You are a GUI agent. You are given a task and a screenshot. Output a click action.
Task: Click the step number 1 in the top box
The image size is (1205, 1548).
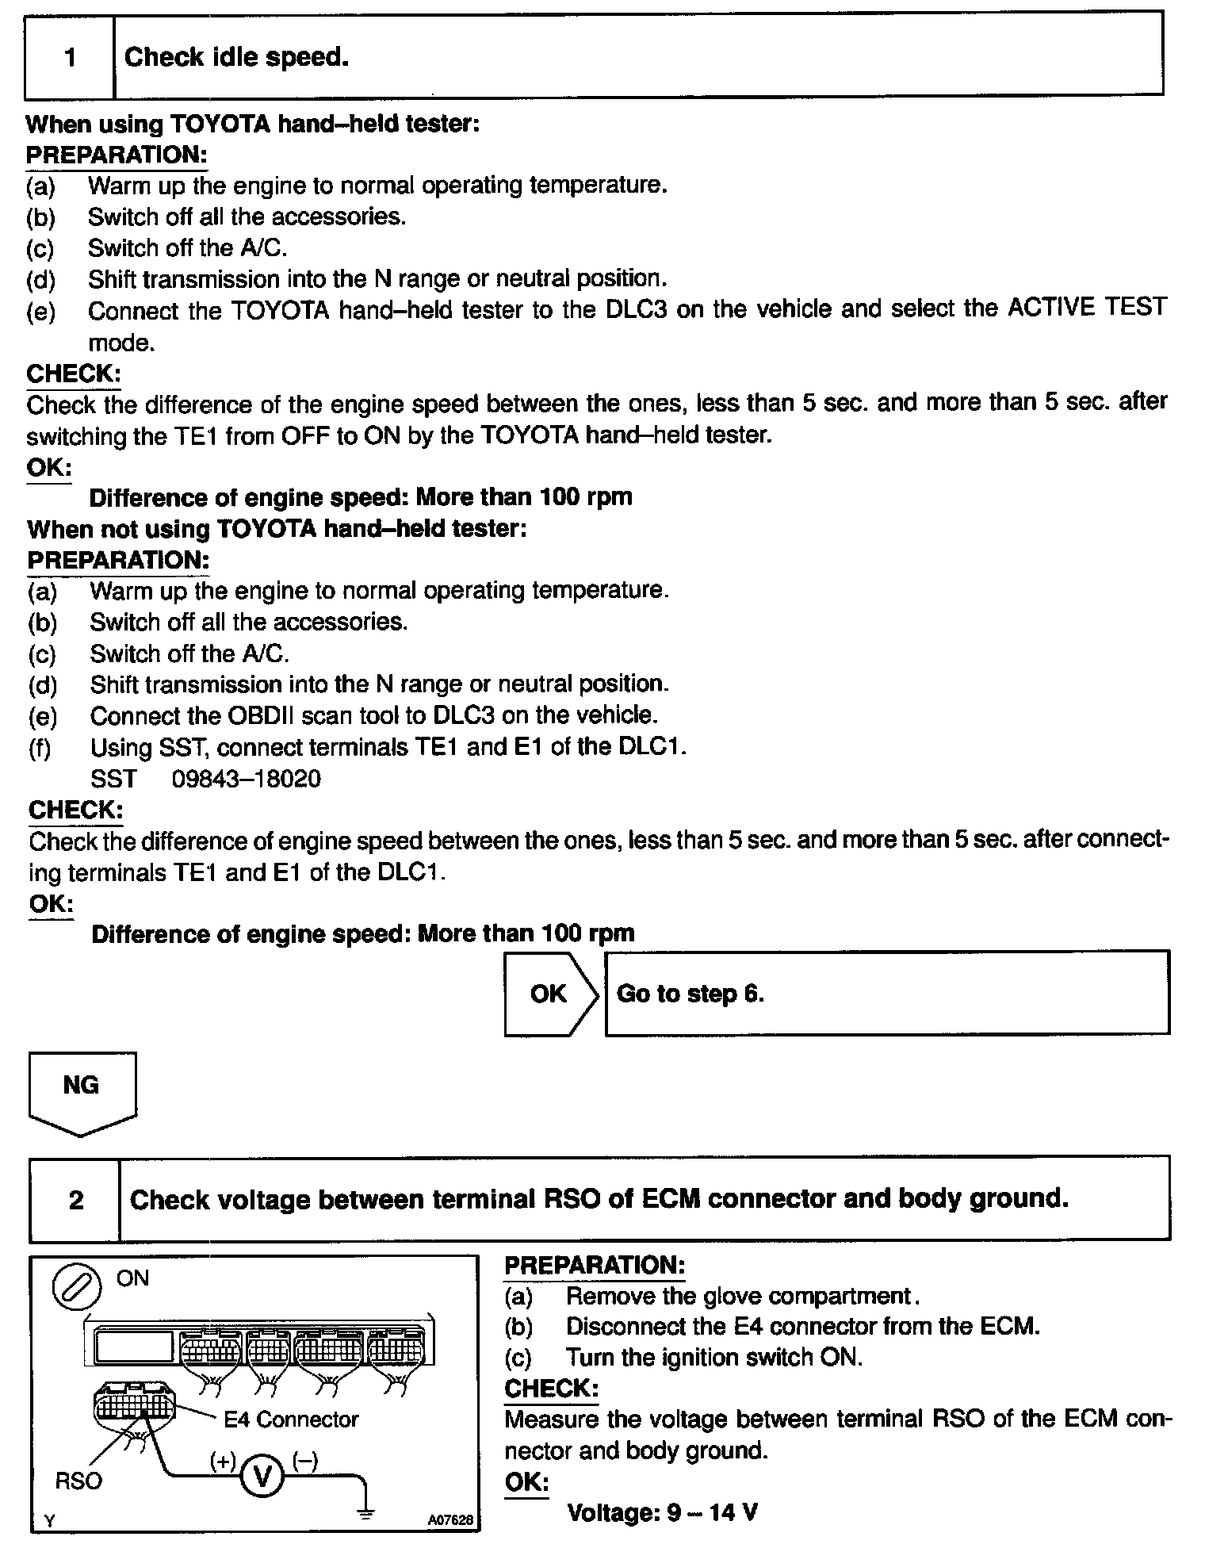71,58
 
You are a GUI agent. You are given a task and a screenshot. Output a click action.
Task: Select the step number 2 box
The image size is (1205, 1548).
76,1200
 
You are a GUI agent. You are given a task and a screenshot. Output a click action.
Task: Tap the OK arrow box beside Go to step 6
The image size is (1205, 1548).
549,994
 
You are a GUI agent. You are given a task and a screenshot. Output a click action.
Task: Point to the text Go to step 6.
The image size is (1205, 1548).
690,994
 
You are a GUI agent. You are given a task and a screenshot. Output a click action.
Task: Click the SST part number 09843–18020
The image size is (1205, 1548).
247,779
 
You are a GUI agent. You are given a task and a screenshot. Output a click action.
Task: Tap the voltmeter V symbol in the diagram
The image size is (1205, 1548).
262,1476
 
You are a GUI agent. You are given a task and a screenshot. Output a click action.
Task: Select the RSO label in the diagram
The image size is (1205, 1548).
78,1481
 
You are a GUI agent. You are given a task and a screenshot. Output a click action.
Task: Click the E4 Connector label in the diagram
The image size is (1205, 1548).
291,1419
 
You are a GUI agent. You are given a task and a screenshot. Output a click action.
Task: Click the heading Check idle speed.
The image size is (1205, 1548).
236,58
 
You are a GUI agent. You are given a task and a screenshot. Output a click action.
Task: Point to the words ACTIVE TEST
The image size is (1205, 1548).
1087,308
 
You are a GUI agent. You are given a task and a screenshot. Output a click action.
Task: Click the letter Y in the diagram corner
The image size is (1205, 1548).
49,1521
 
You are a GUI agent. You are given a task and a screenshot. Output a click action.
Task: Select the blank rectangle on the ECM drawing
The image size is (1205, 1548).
133,1347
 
